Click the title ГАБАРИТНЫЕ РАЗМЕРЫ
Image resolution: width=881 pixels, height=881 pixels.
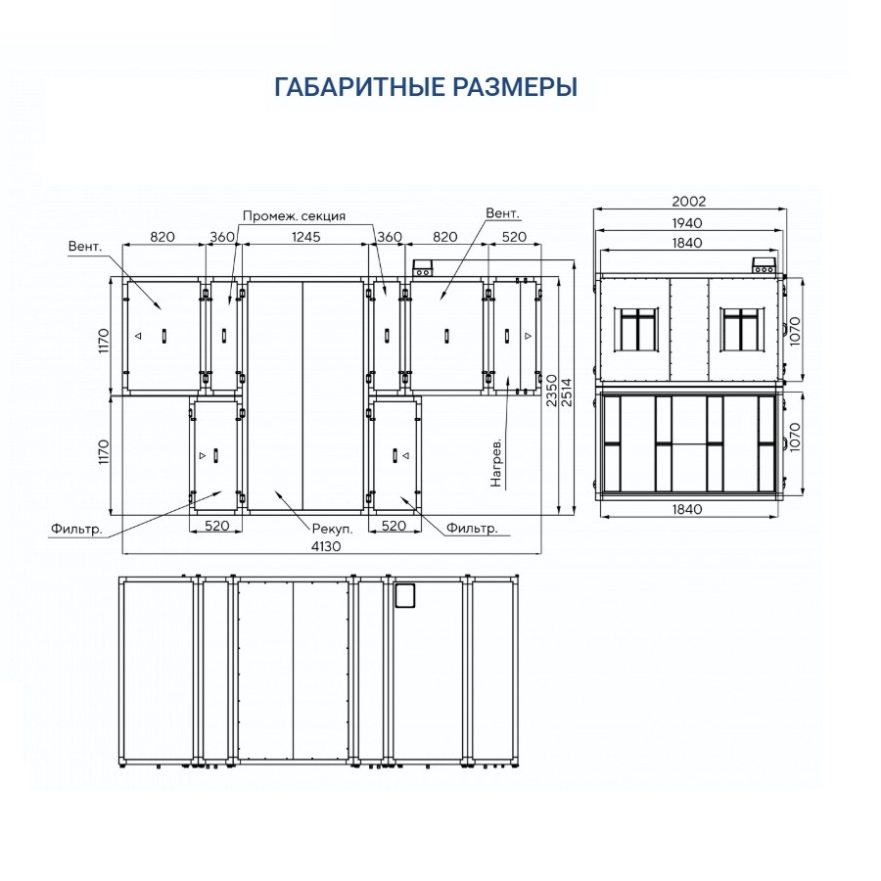[x=426, y=87]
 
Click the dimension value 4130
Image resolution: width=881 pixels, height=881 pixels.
[x=326, y=546]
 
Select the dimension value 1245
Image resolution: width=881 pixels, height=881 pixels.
[x=305, y=237]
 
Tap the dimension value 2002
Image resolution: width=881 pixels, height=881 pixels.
[x=688, y=201]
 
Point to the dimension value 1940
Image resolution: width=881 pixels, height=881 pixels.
[x=687, y=223]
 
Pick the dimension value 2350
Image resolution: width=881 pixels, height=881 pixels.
[x=552, y=391]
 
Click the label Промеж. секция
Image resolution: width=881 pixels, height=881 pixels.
[x=294, y=215]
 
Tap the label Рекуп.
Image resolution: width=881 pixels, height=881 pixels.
[x=332, y=529]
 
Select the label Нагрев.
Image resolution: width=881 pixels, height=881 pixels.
[x=495, y=462]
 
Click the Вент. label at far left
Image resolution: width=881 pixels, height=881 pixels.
[x=85, y=246]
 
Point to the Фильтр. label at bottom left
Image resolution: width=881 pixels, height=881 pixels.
[x=77, y=529]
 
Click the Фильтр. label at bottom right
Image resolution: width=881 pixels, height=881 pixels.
[x=472, y=529]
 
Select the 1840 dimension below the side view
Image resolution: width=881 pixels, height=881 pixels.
[x=687, y=509]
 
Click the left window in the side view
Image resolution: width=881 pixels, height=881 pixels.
[x=635, y=329]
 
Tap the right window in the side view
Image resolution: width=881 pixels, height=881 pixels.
[x=742, y=329]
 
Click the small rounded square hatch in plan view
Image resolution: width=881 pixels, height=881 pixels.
[x=404, y=595]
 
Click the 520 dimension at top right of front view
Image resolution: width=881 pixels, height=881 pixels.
[x=514, y=237]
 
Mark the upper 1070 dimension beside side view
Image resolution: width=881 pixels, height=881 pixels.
[x=794, y=332]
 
